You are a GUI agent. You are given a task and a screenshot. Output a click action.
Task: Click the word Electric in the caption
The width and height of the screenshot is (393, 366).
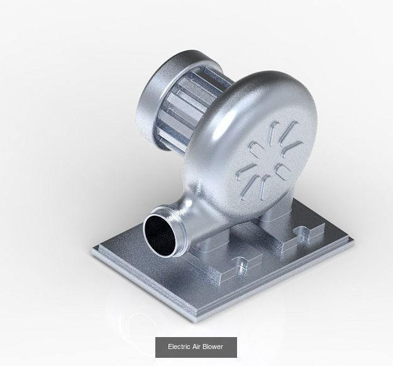(x=179, y=347)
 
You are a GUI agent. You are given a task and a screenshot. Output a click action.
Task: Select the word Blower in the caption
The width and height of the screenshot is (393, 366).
(x=215, y=347)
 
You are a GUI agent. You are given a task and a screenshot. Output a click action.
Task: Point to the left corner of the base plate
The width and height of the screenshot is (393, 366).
(x=92, y=253)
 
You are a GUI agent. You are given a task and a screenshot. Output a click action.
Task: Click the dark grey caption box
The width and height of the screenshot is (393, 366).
(x=197, y=347)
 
